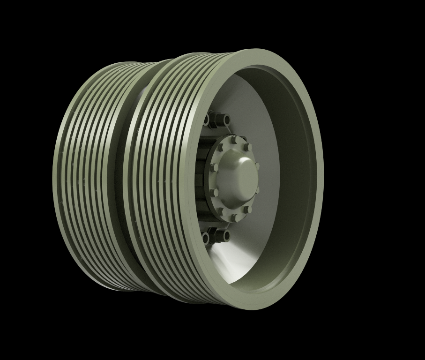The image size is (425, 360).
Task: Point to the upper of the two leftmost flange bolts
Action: point(214,167)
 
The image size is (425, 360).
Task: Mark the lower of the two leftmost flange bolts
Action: point(215,192)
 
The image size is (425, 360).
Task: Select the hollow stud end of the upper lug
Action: point(227,120)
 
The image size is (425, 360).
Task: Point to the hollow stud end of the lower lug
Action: point(227,236)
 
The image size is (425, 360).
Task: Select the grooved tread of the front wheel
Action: point(159,178)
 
